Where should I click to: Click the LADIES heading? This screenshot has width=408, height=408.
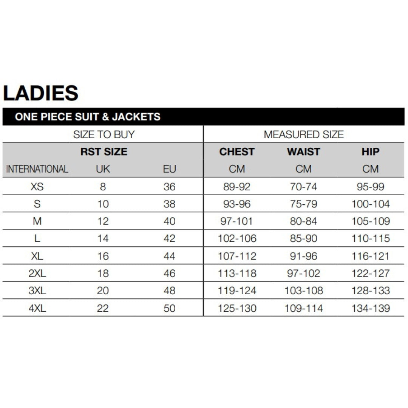tap(41, 93)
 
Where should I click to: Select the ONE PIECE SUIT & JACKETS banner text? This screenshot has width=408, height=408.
tap(88, 117)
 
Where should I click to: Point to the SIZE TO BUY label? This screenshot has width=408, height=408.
tap(104, 134)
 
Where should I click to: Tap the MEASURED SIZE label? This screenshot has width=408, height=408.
tap(304, 134)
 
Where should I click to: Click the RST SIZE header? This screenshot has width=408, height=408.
tap(104, 152)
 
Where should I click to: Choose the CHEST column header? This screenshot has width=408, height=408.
tap(237, 152)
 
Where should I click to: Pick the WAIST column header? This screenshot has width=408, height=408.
tap(303, 152)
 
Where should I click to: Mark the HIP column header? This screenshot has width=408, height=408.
tap(370, 152)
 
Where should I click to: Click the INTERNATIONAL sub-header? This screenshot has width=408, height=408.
tap(37, 169)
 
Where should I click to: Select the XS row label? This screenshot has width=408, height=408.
tap(37, 187)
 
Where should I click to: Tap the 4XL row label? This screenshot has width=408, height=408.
tap(37, 308)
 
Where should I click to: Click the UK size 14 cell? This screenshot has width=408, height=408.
tap(103, 239)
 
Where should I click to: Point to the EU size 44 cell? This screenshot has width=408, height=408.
tap(170, 256)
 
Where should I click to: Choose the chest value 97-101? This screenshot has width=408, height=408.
tap(236, 221)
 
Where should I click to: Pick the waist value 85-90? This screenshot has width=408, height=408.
tap(303, 239)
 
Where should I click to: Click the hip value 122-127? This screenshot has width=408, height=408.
tap(370, 274)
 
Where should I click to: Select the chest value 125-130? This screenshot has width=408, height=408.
tap(237, 308)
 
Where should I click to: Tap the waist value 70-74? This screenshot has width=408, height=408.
tap(303, 187)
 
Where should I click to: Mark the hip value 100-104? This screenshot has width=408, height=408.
tap(370, 204)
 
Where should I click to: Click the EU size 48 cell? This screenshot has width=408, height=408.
tap(170, 291)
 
